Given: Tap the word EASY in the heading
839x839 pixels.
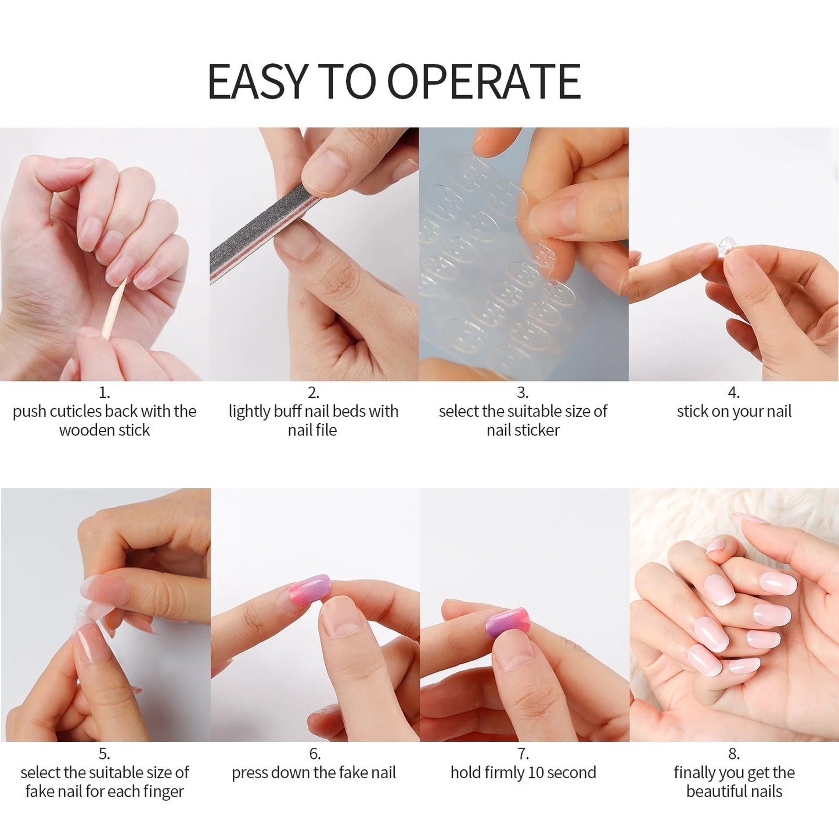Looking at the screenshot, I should (257, 81).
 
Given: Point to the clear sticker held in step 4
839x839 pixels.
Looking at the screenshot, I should (725, 246).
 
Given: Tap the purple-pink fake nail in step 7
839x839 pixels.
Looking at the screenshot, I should (509, 623).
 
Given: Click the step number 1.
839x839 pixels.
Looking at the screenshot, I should (104, 393).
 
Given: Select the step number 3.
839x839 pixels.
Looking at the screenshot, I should (522, 393).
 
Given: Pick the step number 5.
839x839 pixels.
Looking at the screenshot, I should (104, 754).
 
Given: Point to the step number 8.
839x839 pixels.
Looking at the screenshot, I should (733, 754).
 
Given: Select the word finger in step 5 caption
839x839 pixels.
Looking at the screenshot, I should (164, 791).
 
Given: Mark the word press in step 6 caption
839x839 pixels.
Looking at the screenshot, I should (250, 773).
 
